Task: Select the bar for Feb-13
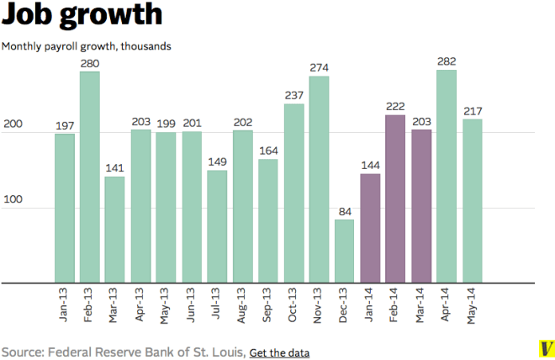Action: click(x=90, y=177)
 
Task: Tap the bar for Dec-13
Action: click(x=345, y=251)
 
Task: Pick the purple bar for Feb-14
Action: click(x=395, y=199)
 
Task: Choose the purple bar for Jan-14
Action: click(x=370, y=228)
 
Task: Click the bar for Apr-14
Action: click(x=447, y=177)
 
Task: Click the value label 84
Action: click(x=345, y=211)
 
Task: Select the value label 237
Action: click(x=293, y=95)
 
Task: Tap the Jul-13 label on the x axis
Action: click(x=217, y=304)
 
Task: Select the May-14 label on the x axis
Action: click(x=473, y=304)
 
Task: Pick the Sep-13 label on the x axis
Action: click(x=268, y=304)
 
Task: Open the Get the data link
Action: click(x=279, y=352)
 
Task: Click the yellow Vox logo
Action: click(x=545, y=348)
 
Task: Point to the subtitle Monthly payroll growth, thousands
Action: click(x=87, y=46)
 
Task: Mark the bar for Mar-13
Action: click(x=115, y=230)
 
